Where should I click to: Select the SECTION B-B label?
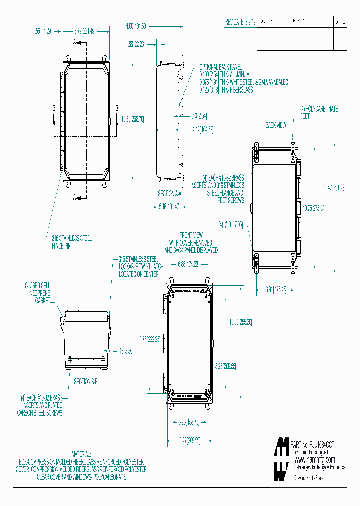(x=86, y=381)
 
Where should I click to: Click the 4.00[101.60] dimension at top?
(x=136, y=25)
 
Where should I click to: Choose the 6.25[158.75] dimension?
(x=189, y=422)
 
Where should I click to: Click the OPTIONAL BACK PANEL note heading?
(x=220, y=66)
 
